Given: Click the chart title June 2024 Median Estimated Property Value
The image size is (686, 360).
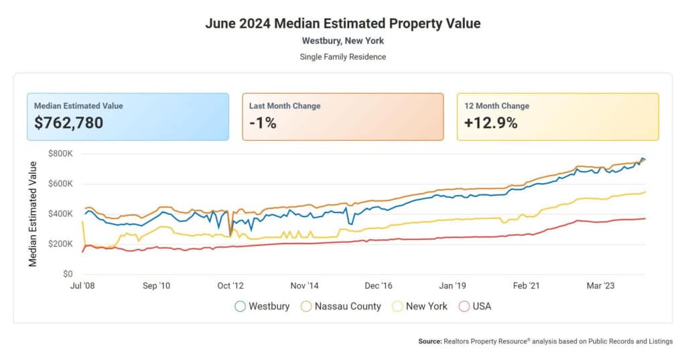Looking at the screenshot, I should pyautogui.click(x=342, y=23).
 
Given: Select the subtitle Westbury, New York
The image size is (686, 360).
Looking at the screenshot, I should pyautogui.click(x=342, y=41).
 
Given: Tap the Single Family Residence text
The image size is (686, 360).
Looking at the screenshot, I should pyautogui.click(x=342, y=57).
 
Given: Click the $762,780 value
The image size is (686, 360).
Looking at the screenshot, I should pyautogui.click(x=68, y=123).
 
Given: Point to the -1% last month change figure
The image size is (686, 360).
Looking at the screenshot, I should pyautogui.click(x=263, y=123).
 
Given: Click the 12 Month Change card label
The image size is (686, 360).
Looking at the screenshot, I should pyautogui.click(x=496, y=106).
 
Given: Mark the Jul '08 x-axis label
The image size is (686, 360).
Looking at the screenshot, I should pyautogui.click(x=82, y=286).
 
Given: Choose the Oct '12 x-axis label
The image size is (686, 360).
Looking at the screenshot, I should pyautogui.click(x=230, y=286).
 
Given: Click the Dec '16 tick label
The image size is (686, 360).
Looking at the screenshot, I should pyautogui.click(x=379, y=286).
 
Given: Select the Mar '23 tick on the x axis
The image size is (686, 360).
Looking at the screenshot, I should pyautogui.click(x=600, y=286).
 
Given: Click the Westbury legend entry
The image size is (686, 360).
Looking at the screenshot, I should pyautogui.click(x=262, y=306).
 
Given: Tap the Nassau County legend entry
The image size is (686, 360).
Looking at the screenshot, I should pyautogui.click(x=341, y=306).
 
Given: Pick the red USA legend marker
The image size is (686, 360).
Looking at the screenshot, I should pyautogui.click(x=464, y=306).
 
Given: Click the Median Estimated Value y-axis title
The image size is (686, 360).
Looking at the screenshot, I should pyautogui.click(x=32, y=214).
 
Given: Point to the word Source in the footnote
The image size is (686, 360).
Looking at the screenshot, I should pyautogui.click(x=429, y=341).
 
